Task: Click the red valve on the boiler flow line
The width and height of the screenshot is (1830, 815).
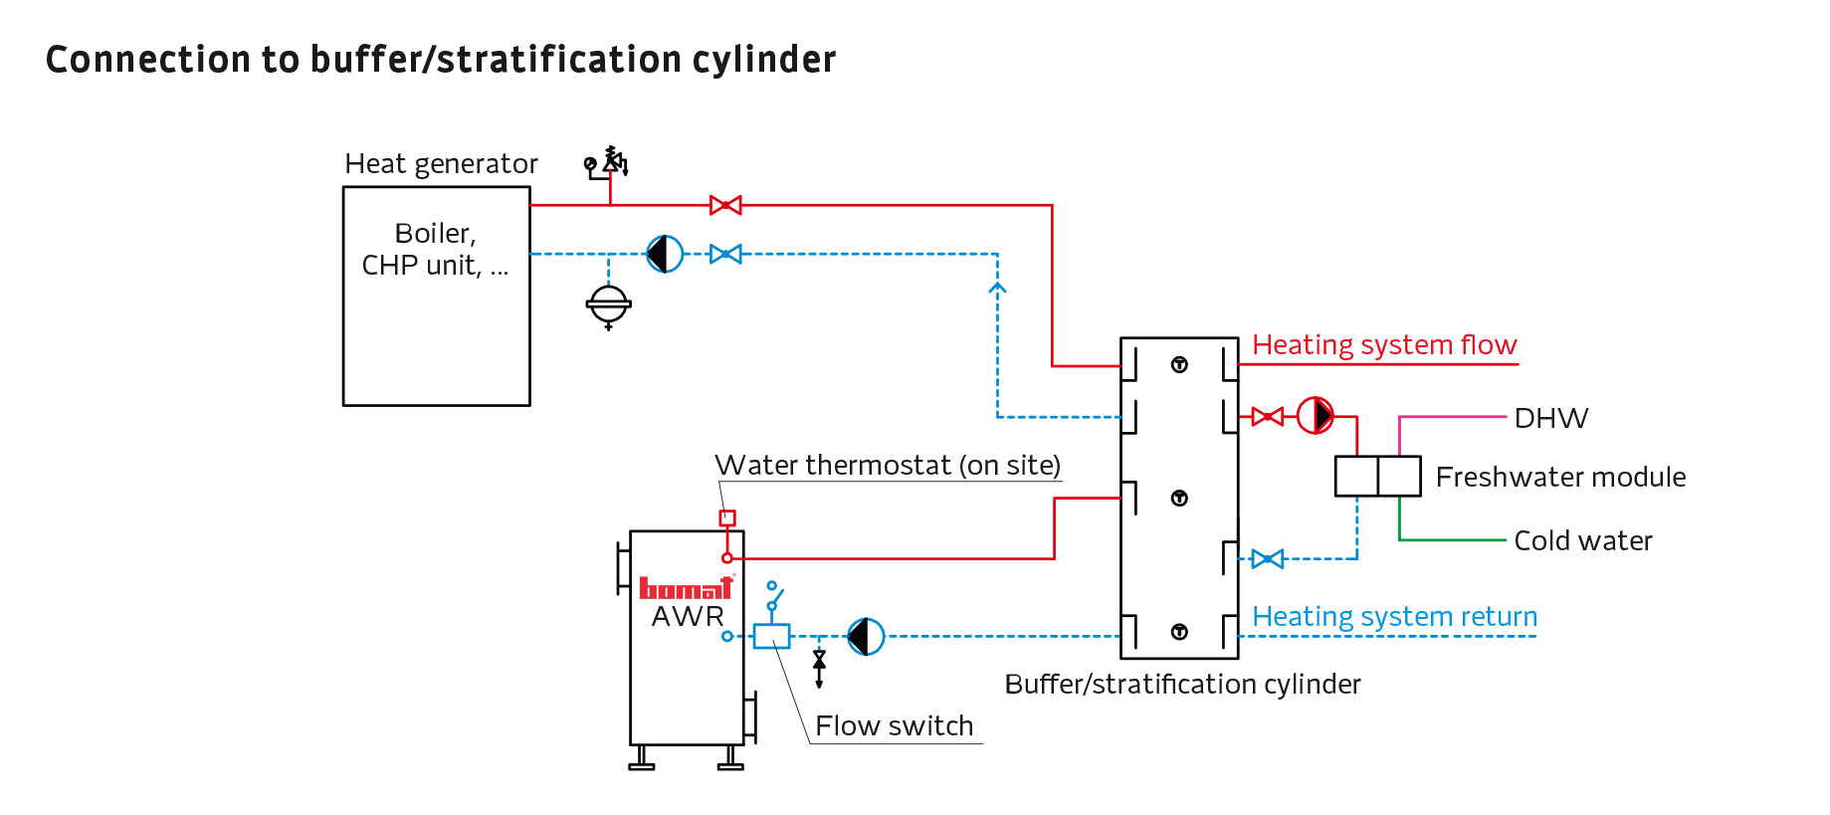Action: click(x=725, y=205)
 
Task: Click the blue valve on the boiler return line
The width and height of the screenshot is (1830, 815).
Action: click(x=725, y=254)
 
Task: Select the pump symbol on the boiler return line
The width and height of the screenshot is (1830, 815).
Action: click(x=665, y=254)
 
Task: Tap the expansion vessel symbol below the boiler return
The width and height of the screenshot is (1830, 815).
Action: click(x=608, y=305)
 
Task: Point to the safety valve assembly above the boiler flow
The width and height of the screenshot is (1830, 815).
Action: click(x=608, y=163)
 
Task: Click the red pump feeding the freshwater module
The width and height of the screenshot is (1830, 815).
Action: click(x=1315, y=415)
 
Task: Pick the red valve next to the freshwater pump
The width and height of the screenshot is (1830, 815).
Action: click(x=1267, y=416)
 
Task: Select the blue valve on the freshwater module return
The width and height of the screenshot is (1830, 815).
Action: click(x=1267, y=559)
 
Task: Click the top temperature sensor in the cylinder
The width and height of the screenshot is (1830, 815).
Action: click(x=1179, y=365)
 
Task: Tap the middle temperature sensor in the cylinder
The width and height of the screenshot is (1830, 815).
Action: click(x=1179, y=498)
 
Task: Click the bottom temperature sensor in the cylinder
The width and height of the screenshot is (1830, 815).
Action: click(x=1179, y=631)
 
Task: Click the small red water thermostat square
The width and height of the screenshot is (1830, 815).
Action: click(x=727, y=517)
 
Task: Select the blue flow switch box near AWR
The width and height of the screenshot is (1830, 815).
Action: click(x=771, y=635)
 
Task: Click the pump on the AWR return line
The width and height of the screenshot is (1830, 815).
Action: click(x=866, y=636)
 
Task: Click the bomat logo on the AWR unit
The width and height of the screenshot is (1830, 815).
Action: click(x=687, y=588)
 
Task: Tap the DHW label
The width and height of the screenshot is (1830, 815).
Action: click(x=1550, y=418)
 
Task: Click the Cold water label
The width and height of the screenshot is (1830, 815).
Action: click(x=1582, y=540)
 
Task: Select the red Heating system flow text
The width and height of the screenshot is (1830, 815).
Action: click(x=1383, y=344)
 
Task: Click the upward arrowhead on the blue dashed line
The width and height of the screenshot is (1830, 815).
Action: click(x=997, y=288)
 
